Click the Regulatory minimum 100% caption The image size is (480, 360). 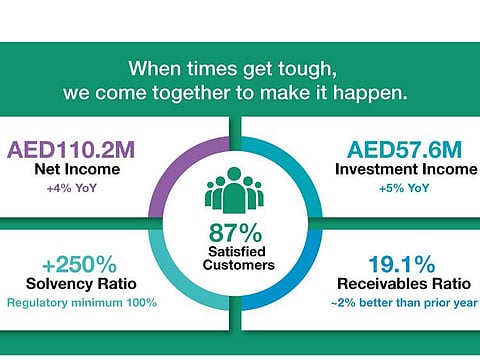tap(79, 302)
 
